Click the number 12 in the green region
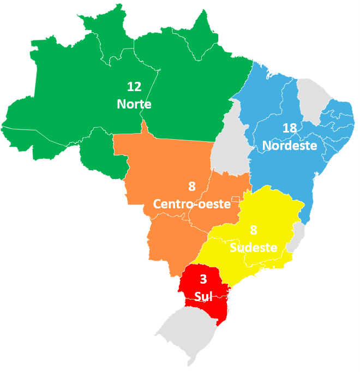click(134, 86)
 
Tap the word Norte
click(134, 104)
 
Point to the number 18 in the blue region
click(290, 128)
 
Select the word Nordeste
click(290, 146)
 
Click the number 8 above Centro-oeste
click(191, 187)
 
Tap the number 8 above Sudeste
click(254, 230)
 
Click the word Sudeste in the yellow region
click(254, 248)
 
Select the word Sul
click(203, 297)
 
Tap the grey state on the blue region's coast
click(313, 98)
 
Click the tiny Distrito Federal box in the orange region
click(235, 199)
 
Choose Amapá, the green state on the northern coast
click(202, 35)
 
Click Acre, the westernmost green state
click(27, 136)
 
